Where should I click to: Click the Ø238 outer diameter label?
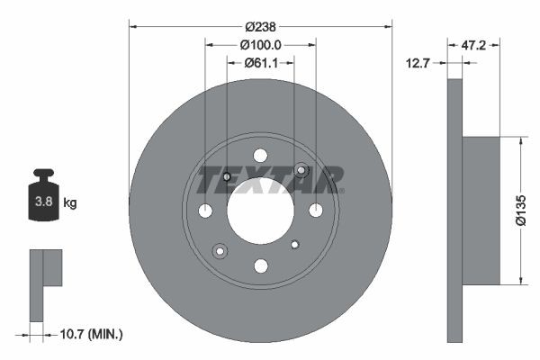[261, 26]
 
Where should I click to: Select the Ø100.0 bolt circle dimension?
[261, 44]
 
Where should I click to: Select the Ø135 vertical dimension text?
[519, 211]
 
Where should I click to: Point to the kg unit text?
[70, 203]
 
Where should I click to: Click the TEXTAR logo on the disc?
[270, 179]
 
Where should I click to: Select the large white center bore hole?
[260, 210]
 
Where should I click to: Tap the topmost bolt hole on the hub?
[260, 155]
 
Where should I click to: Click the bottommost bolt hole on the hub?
[260, 265]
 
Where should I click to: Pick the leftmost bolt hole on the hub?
[205, 211]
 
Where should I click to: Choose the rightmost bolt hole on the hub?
[316, 210]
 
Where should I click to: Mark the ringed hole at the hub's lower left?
[219, 250]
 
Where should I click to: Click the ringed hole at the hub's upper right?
[302, 171]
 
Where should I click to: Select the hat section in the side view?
[481, 211]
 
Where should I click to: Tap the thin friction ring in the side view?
[454, 211]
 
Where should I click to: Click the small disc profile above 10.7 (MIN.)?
[43, 279]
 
